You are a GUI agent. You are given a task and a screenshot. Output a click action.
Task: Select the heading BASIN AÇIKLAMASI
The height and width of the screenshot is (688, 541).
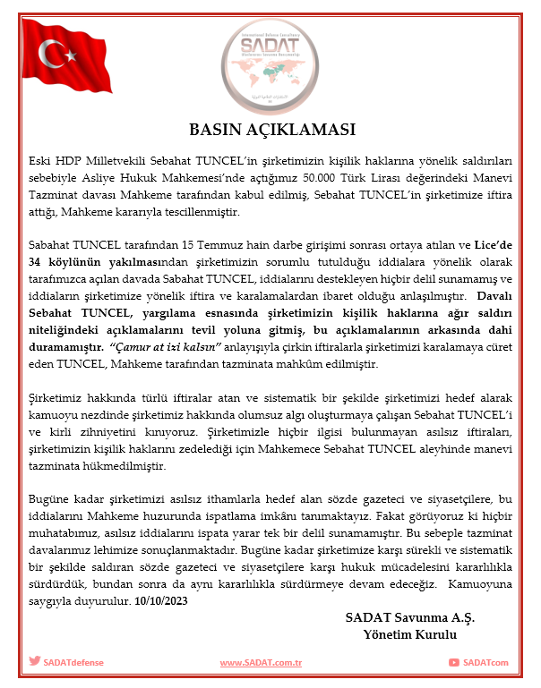point(270,127)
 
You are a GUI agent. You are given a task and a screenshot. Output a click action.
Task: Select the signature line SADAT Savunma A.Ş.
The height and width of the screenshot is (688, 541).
point(409,617)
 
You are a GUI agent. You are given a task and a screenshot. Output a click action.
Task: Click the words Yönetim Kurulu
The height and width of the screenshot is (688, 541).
point(409,634)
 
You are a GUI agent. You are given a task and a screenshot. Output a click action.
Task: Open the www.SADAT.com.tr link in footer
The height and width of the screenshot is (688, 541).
point(261,662)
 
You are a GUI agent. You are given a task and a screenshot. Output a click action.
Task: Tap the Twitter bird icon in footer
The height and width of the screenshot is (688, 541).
point(35,662)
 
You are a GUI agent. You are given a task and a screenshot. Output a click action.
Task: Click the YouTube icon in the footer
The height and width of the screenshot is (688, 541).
point(455,662)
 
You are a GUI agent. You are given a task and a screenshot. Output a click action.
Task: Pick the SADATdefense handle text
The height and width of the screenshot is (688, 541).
point(73,662)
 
